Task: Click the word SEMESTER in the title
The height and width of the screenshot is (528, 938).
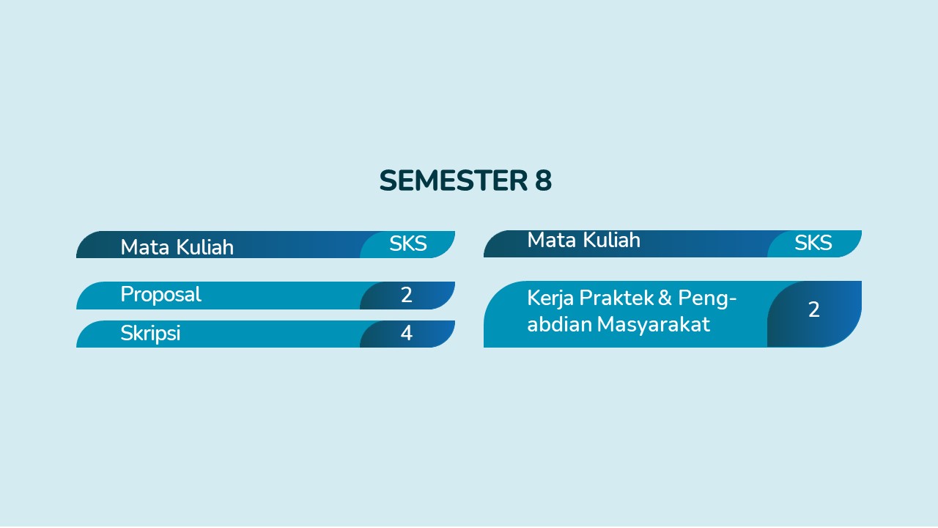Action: pyautogui.click(x=454, y=180)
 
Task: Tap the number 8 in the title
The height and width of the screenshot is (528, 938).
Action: pyautogui.click(x=544, y=180)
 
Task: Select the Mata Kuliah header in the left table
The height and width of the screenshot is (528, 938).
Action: pyautogui.click(x=177, y=247)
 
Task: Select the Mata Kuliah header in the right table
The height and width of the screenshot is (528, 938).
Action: pyautogui.click(x=584, y=240)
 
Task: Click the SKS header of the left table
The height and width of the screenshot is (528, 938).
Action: pyautogui.click(x=408, y=244)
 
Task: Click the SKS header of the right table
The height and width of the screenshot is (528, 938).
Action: pyautogui.click(x=813, y=243)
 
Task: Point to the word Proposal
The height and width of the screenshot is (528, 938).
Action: pyautogui.click(x=160, y=295)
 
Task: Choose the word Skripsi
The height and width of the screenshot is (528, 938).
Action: pyautogui.click(x=150, y=334)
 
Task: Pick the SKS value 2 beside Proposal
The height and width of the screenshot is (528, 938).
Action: pyautogui.click(x=406, y=295)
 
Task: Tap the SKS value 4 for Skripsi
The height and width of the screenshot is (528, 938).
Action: pyautogui.click(x=406, y=334)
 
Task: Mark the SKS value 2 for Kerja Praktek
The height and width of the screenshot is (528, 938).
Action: pyautogui.click(x=813, y=309)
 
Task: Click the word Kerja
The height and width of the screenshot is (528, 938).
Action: pyautogui.click(x=550, y=298)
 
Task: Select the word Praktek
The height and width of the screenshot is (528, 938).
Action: pyautogui.click(x=617, y=298)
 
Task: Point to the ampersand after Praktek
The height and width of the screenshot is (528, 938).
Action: pyautogui.click(x=665, y=298)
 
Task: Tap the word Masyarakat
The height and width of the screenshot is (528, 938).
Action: pyautogui.click(x=653, y=325)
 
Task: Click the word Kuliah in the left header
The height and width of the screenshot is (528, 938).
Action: pyautogui.click(x=205, y=247)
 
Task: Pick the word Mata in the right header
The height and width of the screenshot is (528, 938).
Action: pyautogui.click(x=553, y=241)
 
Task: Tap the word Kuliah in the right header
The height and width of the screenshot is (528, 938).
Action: pyautogui.click(x=612, y=240)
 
